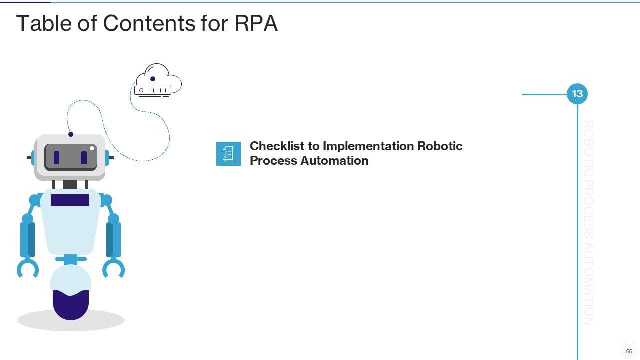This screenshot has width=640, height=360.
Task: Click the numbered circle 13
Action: (x=577, y=94)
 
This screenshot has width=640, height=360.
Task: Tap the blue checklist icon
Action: (x=228, y=153)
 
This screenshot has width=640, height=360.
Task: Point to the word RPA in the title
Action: (x=256, y=23)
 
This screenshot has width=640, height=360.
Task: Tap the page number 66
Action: (x=629, y=351)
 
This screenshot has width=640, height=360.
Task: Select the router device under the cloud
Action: (x=153, y=90)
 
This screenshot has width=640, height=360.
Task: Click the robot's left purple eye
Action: (x=56, y=158)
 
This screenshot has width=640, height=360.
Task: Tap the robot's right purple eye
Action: (x=84, y=158)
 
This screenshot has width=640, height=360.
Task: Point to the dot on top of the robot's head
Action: (x=71, y=134)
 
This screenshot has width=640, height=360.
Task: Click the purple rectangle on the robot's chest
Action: (x=70, y=200)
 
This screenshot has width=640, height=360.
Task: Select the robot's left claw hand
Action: (x=28, y=268)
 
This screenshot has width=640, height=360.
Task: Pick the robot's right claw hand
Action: (x=113, y=268)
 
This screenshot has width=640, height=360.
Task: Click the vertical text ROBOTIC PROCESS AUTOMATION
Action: (x=589, y=222)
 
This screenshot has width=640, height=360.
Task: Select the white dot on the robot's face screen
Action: (x=92, y=148)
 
